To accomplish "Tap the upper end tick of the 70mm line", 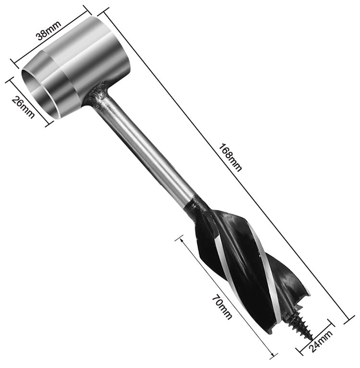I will coord(181,238).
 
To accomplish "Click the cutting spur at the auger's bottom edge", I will coord(305,293).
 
